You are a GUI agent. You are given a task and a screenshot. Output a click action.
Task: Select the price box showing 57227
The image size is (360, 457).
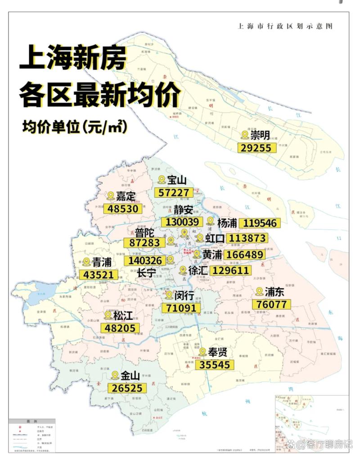(174, 193)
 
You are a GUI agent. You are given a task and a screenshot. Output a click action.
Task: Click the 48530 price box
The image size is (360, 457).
(123, 209)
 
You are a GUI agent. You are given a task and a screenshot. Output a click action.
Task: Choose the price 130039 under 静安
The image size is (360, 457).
(181, 222)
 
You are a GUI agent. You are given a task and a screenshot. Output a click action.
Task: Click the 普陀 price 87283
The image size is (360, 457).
(144, 242)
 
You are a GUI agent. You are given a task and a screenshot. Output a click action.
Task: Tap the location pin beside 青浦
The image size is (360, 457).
(87, 262)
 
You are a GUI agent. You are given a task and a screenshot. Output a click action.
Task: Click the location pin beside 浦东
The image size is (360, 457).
(259, 291)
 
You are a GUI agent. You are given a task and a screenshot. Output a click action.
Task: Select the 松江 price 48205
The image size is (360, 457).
(120, 328)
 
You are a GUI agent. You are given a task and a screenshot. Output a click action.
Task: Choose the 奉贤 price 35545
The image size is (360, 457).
(215, 364)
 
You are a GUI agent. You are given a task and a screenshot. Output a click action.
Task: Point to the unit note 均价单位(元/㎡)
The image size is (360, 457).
(74, 127)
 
